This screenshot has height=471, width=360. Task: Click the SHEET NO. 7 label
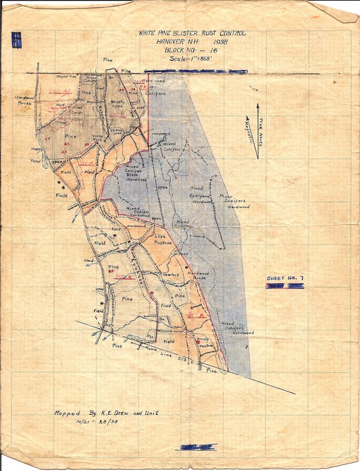coord(284,278)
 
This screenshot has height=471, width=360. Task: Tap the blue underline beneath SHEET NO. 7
coord(284,287)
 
